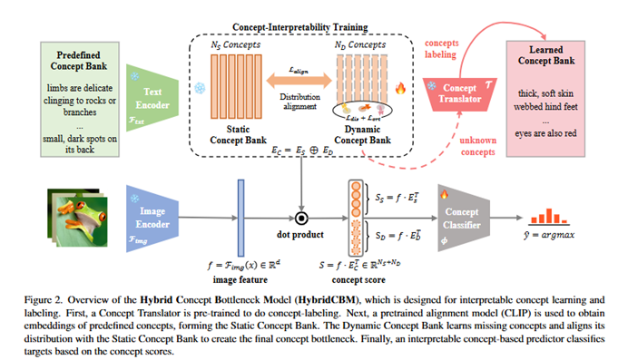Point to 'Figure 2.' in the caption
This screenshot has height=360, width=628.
[53, 297]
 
